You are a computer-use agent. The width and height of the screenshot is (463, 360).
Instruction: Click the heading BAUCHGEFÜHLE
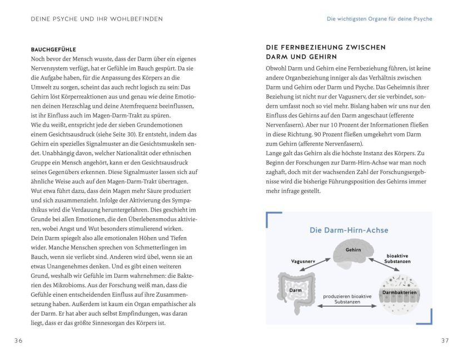53,49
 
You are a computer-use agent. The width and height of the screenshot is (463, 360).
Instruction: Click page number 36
18,341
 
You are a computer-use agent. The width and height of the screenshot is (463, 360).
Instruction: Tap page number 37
444,341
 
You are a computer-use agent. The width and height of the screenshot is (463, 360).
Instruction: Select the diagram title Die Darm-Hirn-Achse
349,230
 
